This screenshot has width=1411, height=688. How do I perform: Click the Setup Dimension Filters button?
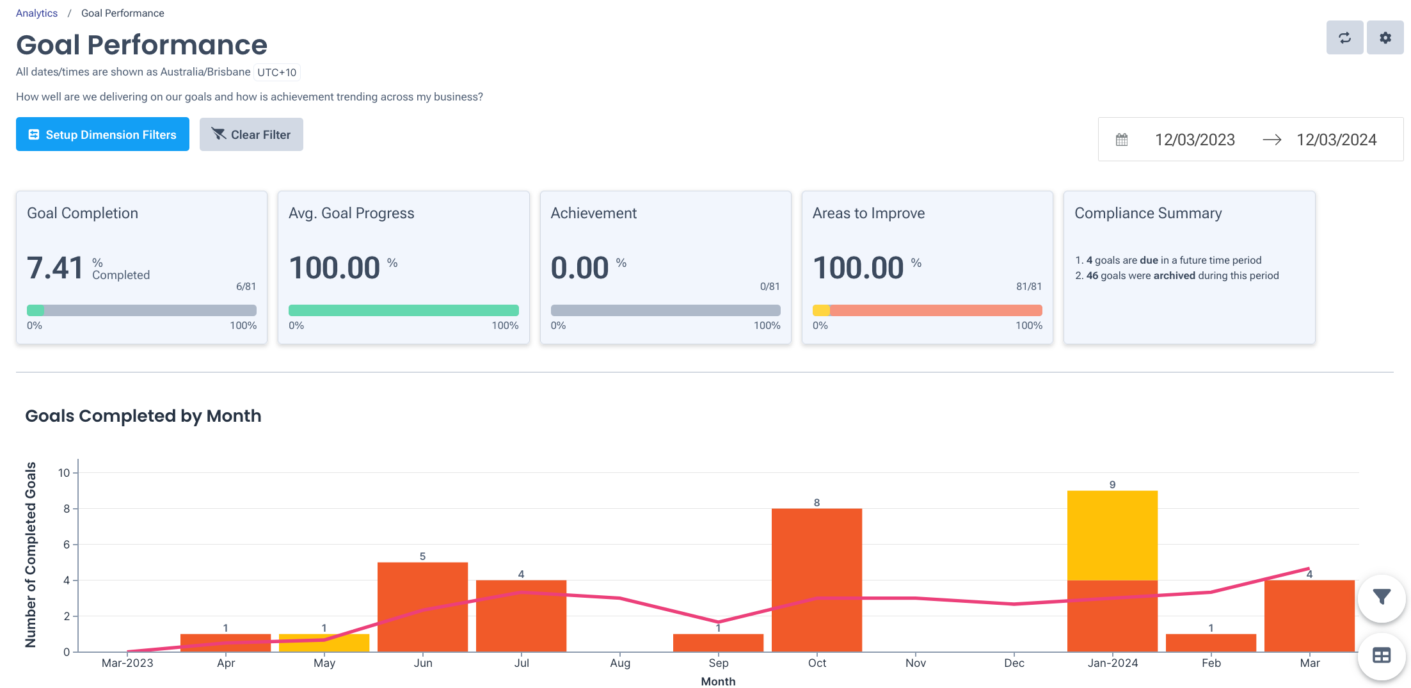[x=102, y=134]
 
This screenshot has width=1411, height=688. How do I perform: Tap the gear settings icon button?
[x=1385, y=38]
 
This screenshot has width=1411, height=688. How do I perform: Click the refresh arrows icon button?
[x=1344, y=38]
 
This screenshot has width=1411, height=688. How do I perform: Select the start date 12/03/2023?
[x=1194, y=140]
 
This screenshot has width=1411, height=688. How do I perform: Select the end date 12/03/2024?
[x=1336, y=140]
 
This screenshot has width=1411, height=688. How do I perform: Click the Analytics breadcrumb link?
[x=36, y=13]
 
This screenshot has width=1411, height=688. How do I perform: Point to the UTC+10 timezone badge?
[x=276, y=72]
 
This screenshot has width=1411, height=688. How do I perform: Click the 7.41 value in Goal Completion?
[x=55, y=268]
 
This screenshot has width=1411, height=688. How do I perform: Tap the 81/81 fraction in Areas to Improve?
[x=1028, y=286]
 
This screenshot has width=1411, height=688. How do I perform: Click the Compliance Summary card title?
[x=1147, y=213]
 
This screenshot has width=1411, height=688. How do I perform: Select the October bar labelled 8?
[x=817, y=579]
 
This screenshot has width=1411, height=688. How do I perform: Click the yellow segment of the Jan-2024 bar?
[x=1112, y=535]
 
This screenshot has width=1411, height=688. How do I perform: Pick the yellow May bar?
[x=324, y=643]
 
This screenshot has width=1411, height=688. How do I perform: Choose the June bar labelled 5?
[x=422, y=607]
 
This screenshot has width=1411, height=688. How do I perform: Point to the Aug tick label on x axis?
[x=619, y=663]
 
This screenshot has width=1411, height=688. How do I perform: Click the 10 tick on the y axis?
[x=64, y=473]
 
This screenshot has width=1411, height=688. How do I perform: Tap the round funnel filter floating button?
[x=1382, y=598]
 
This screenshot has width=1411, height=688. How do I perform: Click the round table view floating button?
[x=1382, y=655]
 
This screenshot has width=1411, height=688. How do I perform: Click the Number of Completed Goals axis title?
[x=31, y=554]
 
